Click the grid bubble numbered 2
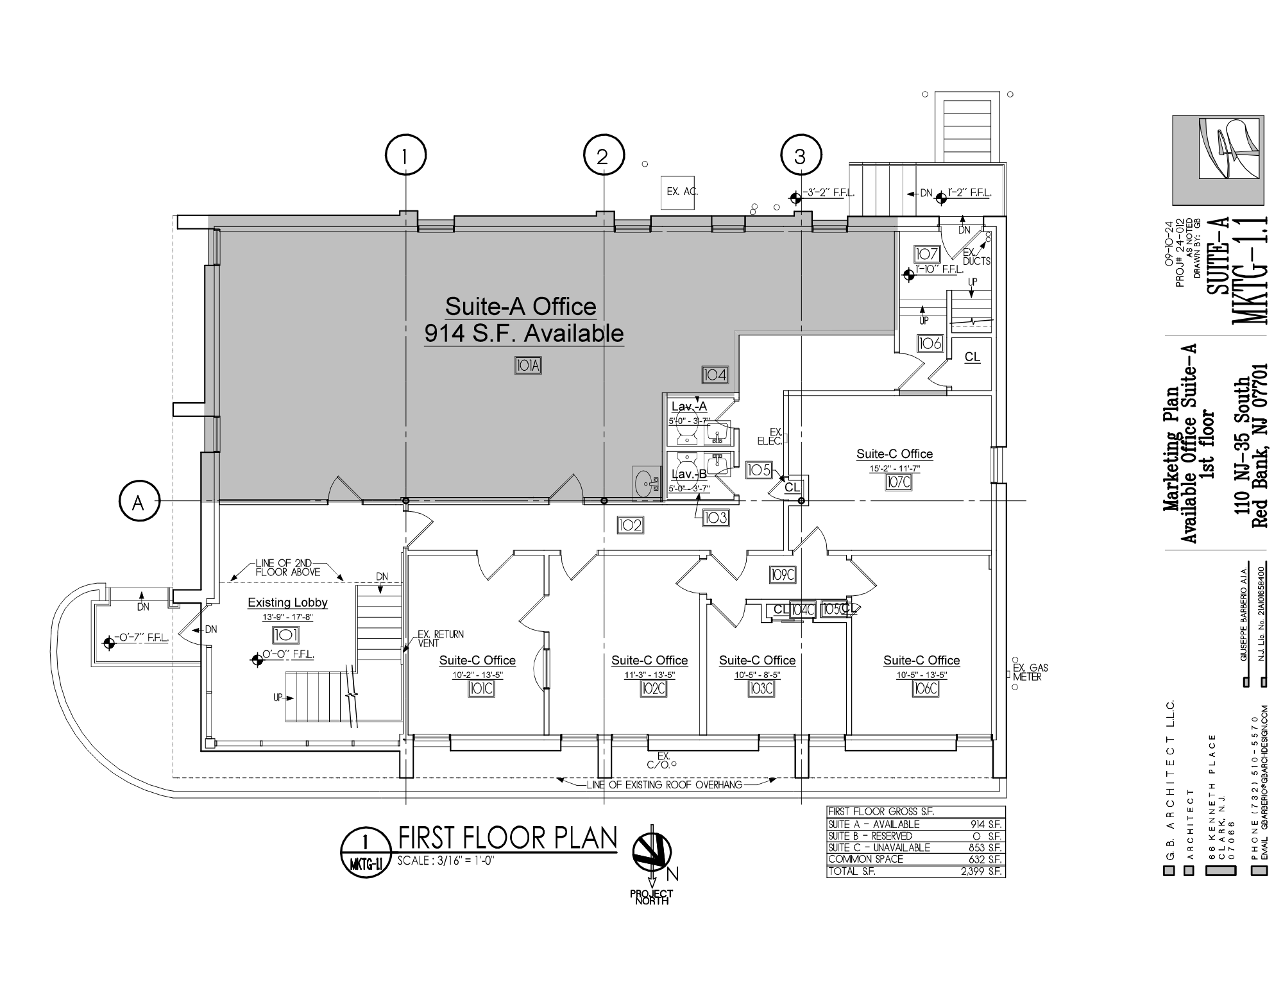point(602,156)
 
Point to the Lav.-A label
point(689,407)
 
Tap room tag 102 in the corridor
point(630,525)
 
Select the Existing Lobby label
point(287,602)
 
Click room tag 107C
point(897,482)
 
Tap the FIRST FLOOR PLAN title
point(507,838)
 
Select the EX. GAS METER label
point(1030,672)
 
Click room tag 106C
point(925,688)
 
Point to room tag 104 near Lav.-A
point(715,375)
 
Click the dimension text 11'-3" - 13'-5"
point(649,675)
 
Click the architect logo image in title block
point(1218,160)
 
